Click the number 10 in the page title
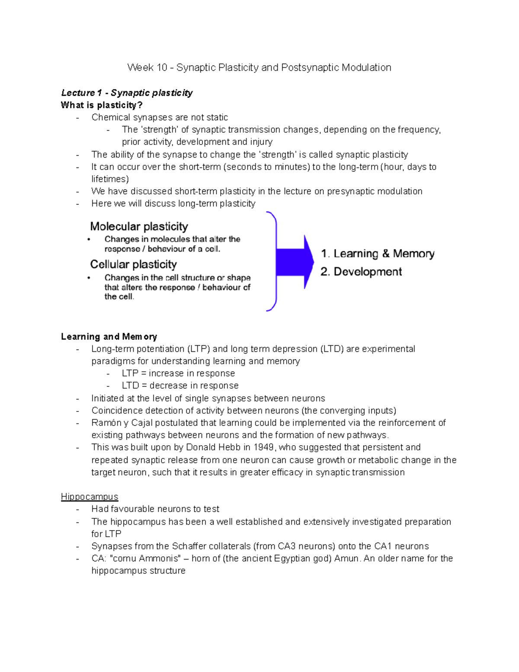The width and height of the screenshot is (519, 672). [x=161, y=68]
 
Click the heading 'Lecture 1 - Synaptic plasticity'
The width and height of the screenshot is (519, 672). [x=127, y=93]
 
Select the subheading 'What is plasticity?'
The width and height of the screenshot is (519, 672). [x=102, y=105]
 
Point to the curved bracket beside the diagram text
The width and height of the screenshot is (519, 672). [x=272, y=261]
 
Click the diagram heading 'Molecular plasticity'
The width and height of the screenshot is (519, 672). [x=139, y=226]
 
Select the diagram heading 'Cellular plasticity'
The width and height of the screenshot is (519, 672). [x=133, y=264]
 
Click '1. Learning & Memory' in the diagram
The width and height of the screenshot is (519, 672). [x=378, y=254]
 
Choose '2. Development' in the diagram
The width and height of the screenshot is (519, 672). [x=361, y=272]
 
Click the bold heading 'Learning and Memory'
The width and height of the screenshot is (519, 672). [x=109, y=337]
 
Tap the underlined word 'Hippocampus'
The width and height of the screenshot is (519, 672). [x=90, y=497]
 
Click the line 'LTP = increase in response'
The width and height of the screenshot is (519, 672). [x=178, y=373]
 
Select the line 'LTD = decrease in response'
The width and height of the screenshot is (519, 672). [x=180, y=386]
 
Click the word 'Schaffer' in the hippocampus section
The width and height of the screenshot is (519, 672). [x=189, y=546]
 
